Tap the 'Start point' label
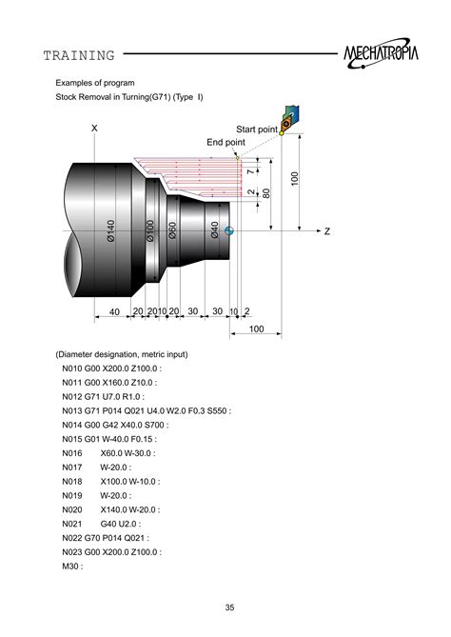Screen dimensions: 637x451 257,129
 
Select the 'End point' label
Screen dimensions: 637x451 225,142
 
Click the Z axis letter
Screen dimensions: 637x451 326,231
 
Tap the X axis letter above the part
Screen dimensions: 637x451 94,128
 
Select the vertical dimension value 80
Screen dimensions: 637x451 267,192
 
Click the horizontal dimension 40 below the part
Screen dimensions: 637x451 114,312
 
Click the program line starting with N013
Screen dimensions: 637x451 147,411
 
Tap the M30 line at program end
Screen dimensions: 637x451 72,566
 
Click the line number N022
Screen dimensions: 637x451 75,537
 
